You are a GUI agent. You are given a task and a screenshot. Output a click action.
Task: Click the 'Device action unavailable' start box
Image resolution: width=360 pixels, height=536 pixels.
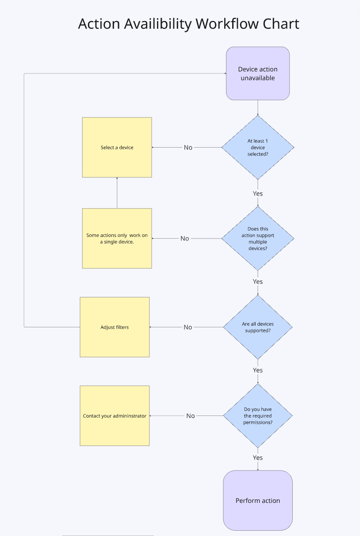[x=258, y=73]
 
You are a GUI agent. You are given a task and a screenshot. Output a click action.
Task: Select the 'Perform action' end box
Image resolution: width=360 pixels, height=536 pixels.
[x=258, y=500]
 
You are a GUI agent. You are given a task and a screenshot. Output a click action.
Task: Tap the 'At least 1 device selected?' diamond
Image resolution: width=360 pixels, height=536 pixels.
[x=258, y=148]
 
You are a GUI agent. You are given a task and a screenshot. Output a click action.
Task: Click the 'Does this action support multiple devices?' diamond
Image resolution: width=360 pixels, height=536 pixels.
[x=258, y=239]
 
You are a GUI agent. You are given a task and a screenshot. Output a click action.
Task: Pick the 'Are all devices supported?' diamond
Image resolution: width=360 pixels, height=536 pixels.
[x=258, y=327]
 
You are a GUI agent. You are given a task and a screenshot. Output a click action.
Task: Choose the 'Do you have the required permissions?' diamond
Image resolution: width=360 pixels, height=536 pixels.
[x=258, y=415]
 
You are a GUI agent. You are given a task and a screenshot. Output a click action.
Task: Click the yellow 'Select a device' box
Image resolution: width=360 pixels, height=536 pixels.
[x=117, y=148]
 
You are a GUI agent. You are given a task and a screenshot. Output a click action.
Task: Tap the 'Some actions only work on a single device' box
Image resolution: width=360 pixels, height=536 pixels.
[x=117, y=239]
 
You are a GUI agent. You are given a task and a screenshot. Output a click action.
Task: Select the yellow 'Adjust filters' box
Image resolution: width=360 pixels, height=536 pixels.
[x=115, y=327]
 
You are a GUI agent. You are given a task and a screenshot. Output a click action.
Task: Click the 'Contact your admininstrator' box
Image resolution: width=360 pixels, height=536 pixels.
[x=115, y=416]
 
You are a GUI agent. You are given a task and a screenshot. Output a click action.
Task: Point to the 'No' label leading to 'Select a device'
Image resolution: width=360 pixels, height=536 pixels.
[x=188, y=148]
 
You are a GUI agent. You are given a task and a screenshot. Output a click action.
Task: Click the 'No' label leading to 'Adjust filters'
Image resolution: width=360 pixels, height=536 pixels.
[x=188, y=327]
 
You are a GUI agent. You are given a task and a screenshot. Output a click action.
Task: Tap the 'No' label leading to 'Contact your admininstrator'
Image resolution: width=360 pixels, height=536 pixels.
[x=191, y=416]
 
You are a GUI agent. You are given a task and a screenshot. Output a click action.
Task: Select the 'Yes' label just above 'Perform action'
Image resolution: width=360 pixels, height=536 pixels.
[x=258, y=458]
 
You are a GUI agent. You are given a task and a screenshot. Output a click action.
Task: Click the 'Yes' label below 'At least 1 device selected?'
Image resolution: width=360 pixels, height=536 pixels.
[x=258, y=194]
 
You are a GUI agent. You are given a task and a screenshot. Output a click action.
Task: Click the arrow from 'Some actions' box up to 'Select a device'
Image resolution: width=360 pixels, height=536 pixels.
[x=117, y=193]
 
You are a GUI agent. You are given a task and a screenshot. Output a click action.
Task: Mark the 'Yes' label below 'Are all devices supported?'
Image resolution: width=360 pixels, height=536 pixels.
[x=258, y=370]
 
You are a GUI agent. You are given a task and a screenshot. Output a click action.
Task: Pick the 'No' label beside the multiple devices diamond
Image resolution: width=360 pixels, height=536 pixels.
[x=185, y=239]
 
